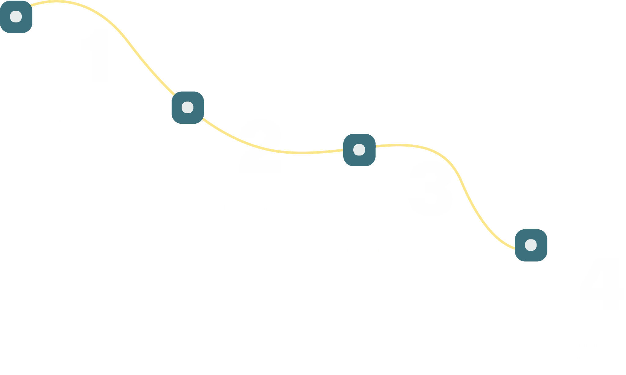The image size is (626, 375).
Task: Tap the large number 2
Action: pyautogui.click(x=260, y=146)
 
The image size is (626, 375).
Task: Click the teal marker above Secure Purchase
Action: pyautogui.click(x=187, y=107)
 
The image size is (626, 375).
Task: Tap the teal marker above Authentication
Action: pyautogui.click(x=359, y=150)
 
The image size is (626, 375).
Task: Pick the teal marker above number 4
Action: pyautogui.click(x=531, y=245)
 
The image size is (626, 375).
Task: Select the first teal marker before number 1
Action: pyautogui.click(x=16, y=16)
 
